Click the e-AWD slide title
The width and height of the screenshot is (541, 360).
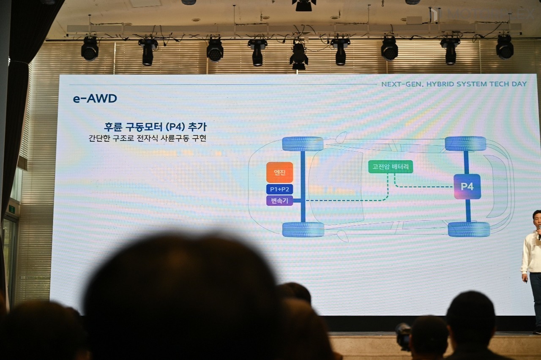point(95,99)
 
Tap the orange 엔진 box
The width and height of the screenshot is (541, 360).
point(279,172)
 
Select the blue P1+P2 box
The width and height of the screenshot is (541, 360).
point(279,189)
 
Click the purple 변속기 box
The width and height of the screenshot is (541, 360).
point(279,201)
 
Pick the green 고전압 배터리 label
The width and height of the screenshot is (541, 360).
point(390,167)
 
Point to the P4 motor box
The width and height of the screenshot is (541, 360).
point(467,187)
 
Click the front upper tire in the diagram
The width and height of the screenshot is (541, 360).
point(303,144)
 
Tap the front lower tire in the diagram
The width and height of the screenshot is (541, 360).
point(303,229)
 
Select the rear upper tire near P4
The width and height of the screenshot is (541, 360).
point(465,144)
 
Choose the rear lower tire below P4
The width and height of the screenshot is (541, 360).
point(469,229)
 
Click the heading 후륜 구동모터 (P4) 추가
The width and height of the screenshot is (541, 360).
point(155,126)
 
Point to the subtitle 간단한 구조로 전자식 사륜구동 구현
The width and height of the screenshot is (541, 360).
point(148,138)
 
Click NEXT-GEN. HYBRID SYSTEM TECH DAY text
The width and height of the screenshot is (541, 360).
point(454,84)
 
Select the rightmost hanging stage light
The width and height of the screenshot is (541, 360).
point(505,47)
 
